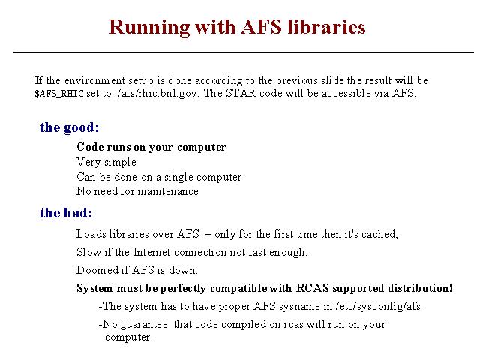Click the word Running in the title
[149, 28]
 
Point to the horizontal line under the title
[244, 52]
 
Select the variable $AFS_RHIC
[58, 93]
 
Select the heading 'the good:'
[70, 128]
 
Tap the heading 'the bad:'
[66, 213]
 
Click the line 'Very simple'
[106, 162]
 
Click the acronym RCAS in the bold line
[312, 288]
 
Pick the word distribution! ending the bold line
[420, 288]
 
